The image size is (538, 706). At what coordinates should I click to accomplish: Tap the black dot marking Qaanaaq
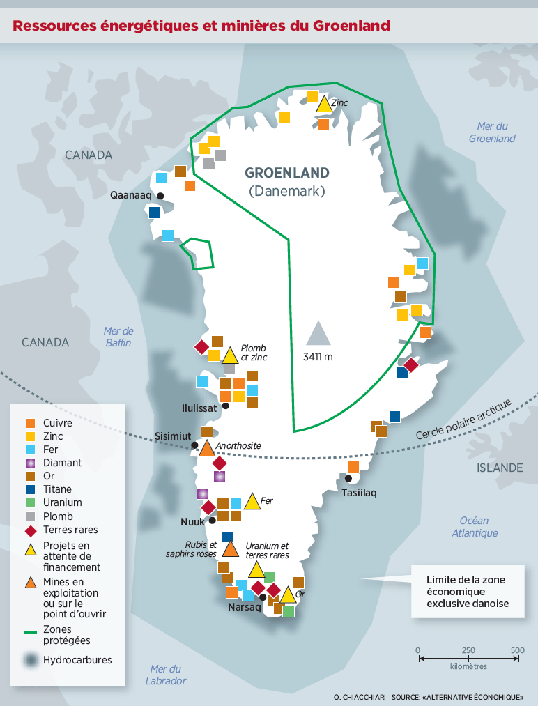[160, 196]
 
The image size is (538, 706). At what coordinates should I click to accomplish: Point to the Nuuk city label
[192, 521]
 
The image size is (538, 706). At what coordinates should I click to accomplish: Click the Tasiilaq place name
[359, 493]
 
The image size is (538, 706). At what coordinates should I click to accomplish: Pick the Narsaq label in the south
[244, 607]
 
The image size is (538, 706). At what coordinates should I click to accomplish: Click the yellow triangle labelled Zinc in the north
[323, 105]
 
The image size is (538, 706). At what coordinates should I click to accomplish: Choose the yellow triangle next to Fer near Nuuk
[252, 502]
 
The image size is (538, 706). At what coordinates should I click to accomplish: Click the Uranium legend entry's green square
[30, 502]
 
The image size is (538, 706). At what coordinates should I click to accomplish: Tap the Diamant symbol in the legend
[30, 463]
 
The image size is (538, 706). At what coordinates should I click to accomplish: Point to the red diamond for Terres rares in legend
[30, 530]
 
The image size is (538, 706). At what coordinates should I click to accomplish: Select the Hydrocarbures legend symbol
[30, 660]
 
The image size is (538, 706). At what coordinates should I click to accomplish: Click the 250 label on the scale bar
[468, 650]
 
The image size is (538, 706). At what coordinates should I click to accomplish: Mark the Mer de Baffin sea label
[118, 337]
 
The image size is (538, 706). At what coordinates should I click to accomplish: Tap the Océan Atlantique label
[474, 526]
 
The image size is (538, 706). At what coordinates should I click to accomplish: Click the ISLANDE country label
[500, 467]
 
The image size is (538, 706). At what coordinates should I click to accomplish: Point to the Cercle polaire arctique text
[463, 420]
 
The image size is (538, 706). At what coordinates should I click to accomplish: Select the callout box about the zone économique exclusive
[466, 591]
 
